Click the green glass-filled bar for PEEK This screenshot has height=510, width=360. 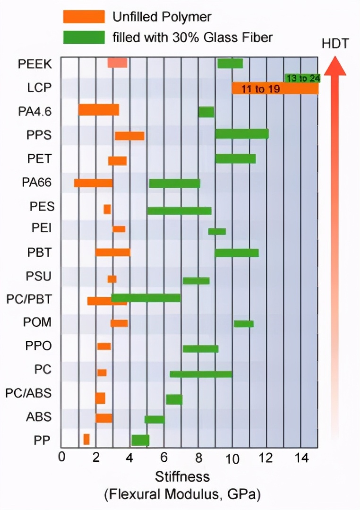230,63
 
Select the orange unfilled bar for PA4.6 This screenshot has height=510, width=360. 99,110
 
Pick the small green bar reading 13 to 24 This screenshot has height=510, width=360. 302,78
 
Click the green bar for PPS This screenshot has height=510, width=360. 242,134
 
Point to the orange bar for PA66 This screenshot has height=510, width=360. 94,183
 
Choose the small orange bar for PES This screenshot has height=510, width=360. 107,209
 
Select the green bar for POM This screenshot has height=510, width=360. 243,323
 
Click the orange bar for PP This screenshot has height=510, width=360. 86,439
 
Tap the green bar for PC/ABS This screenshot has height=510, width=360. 174,399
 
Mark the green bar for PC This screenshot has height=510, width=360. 201,374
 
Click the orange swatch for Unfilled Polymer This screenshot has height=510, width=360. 84,17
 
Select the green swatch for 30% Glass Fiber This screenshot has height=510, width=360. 84,37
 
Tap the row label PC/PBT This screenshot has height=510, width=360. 29,299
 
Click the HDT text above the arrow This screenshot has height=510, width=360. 335,44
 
